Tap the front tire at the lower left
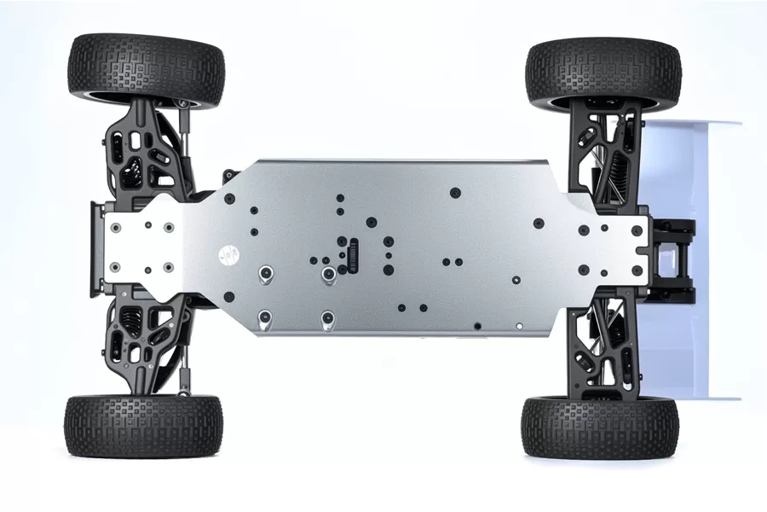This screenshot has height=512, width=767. click(x=143, y=425)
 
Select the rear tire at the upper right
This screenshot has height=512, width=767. click(x=603, y=73)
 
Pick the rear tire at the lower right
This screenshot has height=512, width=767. click(x=600, y=427)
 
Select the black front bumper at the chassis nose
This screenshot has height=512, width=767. click(x=95, y=247)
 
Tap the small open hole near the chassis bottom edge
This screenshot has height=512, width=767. click(x=477, y=325)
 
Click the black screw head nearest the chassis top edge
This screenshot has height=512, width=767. click(x=455, y=192)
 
